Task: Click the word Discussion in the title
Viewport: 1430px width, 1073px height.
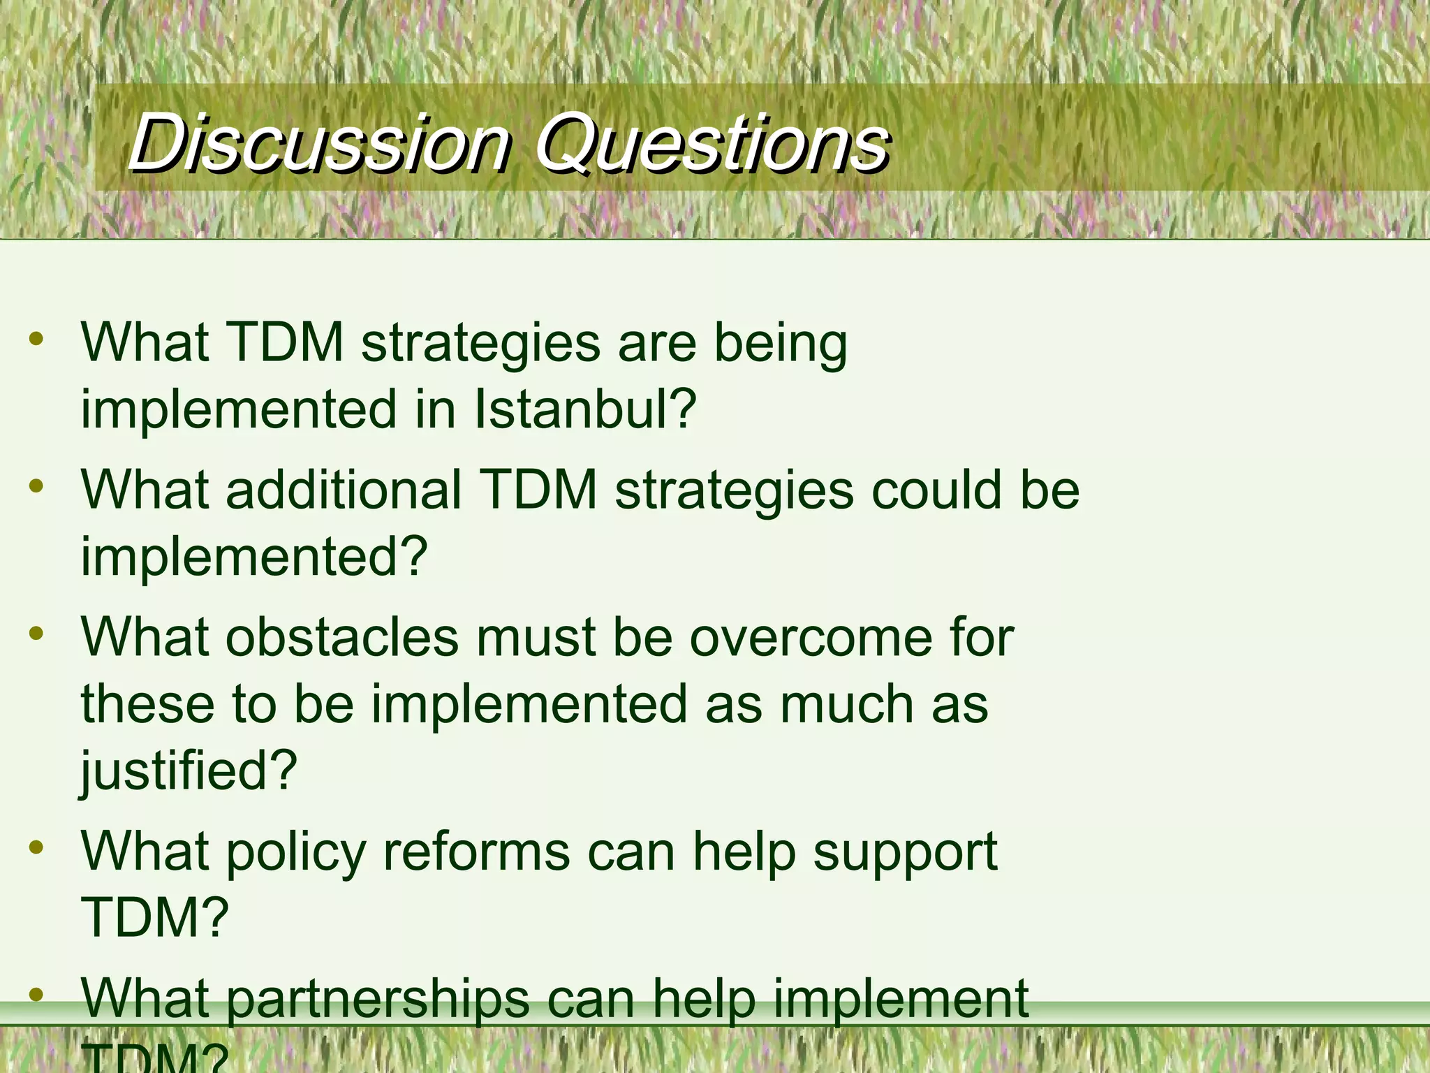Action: pyautogui.click(x=320, y=143)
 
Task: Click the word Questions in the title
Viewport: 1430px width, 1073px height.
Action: pyautogui.click(x=712, y=143)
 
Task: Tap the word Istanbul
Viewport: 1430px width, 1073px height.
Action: pyautogui.click(x=585, y=409)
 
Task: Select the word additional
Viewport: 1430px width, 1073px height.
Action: pyautogui.click(x=344, y=489)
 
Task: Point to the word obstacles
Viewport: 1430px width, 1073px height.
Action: pyautogui.click(x=342, y=637)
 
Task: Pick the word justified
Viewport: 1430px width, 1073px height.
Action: pyautogui.click(x=189, y=770)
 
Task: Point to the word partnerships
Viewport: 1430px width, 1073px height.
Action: pyautogui.click(x=377, y=999)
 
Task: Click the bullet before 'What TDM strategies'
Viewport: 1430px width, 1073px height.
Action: pyautogui.click(x=36, y=340)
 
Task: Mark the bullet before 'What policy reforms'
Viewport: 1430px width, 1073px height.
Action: pyautogui.click(x=36, y=848)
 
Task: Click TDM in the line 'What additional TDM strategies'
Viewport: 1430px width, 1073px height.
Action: pyautogui.click(x=538, y=489)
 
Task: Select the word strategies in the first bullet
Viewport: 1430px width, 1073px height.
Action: pyautogui.click(x=480, y=344)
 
